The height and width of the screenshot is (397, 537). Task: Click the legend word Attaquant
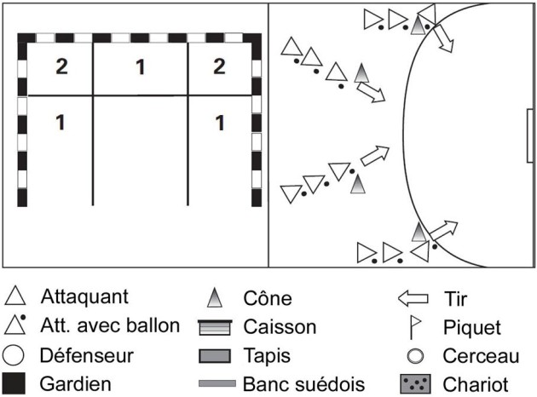point(84,297)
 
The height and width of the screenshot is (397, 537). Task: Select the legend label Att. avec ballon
point(110,325)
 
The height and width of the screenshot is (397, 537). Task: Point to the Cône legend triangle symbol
point(215,297)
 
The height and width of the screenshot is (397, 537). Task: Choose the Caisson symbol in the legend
point(215,326)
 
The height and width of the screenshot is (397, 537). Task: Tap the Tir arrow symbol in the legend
point(413,299)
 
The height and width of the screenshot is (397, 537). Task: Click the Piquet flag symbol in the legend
point(414,326)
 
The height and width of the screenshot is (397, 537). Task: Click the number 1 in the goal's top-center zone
point(141,66)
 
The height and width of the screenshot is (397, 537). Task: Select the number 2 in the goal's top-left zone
point(61,66)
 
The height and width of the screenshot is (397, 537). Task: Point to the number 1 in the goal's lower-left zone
point(61,123)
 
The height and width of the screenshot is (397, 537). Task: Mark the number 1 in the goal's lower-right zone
point(220,123)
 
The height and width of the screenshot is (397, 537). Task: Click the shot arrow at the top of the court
point(441,38)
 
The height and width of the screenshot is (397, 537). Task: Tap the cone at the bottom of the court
point(419,231)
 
